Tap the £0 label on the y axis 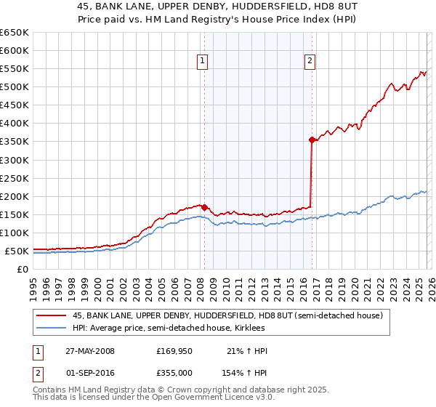[23, 269]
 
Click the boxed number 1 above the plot [201, 62]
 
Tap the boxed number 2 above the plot [310, 62]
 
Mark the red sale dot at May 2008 [205, 207]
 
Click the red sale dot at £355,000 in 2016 [312, 140]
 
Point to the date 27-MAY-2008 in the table [89, 352]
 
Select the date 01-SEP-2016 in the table [89, 372]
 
